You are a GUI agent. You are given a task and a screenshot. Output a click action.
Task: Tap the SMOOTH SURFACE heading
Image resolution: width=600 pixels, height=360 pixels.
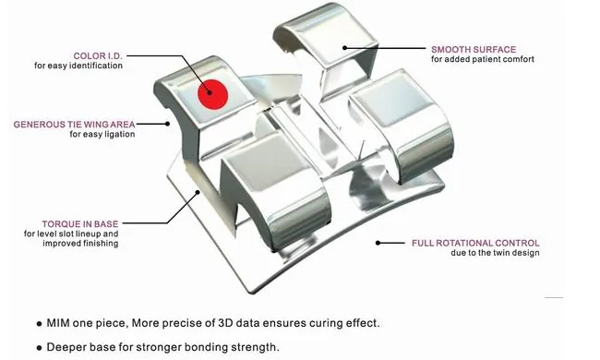coord(474,48)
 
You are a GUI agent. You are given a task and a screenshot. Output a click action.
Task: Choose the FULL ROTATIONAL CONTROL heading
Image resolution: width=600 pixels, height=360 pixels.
coord(475,243)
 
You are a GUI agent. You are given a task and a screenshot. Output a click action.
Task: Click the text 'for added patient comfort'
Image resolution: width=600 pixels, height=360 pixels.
coord(482,59)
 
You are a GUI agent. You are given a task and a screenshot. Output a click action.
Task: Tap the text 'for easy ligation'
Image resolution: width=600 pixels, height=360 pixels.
coord(102,134)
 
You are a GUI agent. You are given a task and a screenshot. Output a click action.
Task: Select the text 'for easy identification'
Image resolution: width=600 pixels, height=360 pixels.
coord(78,66)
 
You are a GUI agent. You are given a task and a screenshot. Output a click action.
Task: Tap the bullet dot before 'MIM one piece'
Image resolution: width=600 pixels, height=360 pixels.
coord(38,324)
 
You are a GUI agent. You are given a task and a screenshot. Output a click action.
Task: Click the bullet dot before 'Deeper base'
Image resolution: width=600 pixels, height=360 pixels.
coord(38,348)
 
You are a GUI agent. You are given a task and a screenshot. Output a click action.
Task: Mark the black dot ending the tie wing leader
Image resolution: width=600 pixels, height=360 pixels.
coord(167,122)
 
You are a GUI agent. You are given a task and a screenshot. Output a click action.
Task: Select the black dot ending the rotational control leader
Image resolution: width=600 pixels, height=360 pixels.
coord(377,243)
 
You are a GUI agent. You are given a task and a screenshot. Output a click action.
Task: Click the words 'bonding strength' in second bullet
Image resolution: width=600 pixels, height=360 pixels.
coord(243,347)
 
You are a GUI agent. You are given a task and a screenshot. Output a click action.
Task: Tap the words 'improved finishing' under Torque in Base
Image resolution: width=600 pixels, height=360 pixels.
coord(88,244)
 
